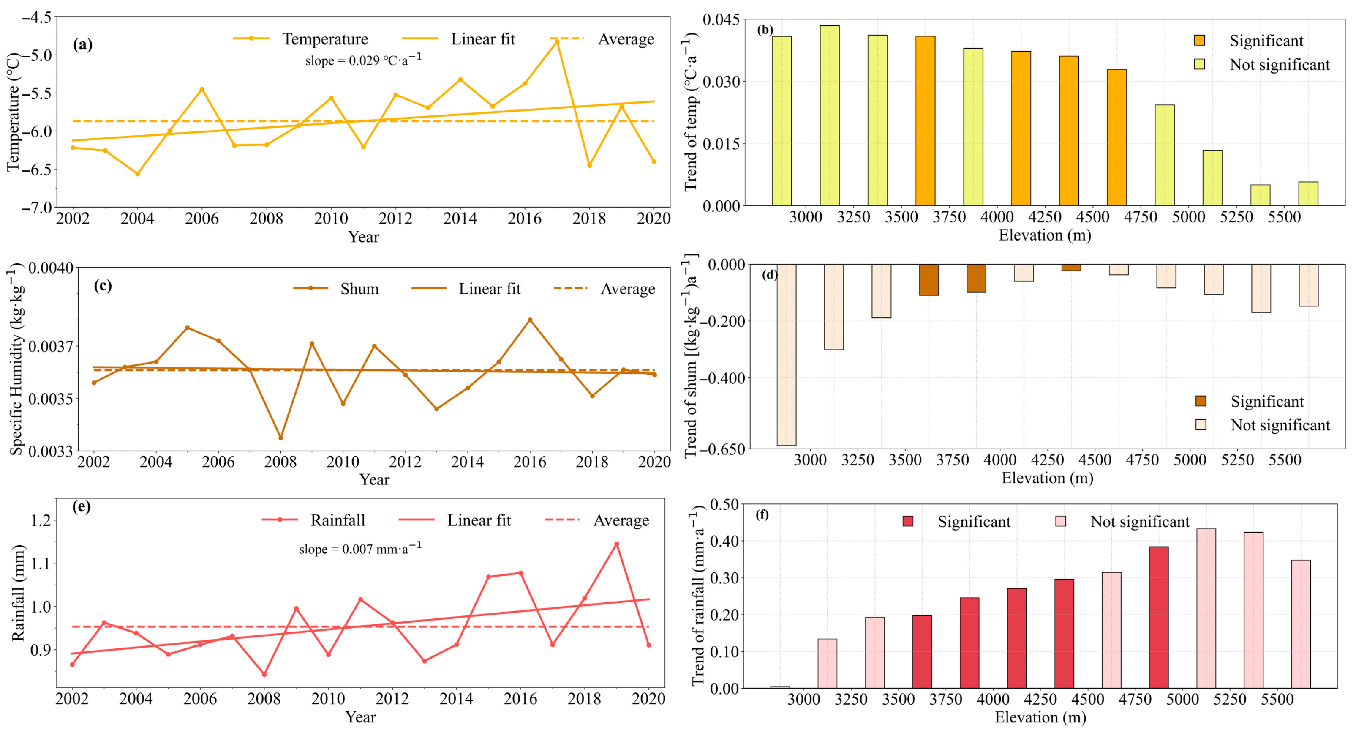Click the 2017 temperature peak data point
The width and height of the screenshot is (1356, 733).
[x=557, y=41]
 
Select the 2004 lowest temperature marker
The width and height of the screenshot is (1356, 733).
[x=138, y=174]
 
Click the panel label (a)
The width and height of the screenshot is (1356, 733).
[x=83, y=44]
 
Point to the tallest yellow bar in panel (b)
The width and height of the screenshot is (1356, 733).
[x=830, y=115]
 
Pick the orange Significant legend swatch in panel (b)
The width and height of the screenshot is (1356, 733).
[x=1200, y=41]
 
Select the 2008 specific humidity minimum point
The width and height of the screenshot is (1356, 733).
[x=280, y=438]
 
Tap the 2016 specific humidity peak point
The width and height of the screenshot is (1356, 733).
[x=530, y=320]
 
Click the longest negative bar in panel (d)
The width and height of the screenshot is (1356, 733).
[x=787, y=355]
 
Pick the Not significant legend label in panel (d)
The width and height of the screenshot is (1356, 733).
[x=1280, y=425]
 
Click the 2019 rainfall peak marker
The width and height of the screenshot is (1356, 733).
[x=616, y=544]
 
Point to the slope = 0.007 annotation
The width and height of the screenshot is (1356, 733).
[x=360, y=549]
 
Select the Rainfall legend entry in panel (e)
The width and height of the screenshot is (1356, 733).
[x=314, y=520]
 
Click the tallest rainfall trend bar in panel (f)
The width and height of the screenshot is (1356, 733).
[x=1206, y=608]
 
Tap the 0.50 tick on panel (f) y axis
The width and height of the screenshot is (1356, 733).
[x=724, y=504]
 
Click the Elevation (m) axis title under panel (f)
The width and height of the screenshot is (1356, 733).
[x=1040, y=717]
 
